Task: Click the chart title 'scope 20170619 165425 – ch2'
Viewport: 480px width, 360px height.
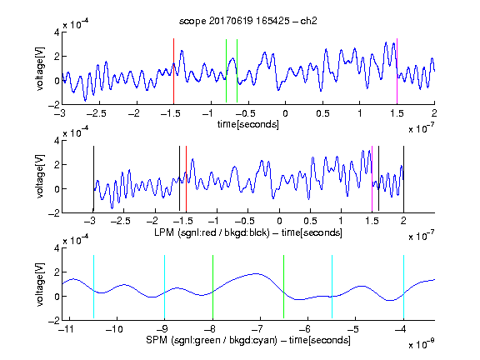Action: point(248,21)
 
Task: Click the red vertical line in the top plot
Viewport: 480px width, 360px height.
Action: point(173,72)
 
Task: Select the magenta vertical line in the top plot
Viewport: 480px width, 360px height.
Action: point(397,72)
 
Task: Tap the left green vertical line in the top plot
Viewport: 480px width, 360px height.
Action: point(226,71)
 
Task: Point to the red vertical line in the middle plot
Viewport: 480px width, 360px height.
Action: point(186,179)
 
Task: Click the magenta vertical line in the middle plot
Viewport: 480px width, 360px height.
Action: point(372,179)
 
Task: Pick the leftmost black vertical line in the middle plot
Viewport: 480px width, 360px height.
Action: point(93,179)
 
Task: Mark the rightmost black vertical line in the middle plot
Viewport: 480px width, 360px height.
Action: point(403,179)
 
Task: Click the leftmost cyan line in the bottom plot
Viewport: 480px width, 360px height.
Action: point(93,287)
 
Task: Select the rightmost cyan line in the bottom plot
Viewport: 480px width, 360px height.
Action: point(403,287)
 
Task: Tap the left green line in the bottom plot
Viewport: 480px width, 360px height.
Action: point(212,287)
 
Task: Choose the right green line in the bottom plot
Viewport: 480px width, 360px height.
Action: point(284,287)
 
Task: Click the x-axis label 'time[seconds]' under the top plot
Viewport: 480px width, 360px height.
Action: point(248,125)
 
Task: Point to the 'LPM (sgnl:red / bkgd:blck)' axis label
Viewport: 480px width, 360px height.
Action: point(212,232)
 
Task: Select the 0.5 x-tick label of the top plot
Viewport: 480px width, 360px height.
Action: point(322,113)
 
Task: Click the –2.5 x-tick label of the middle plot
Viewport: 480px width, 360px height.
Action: point(121,221)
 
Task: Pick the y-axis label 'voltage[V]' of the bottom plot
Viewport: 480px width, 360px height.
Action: point(40,284)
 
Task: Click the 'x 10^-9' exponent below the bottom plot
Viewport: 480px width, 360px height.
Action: point(422,344)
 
